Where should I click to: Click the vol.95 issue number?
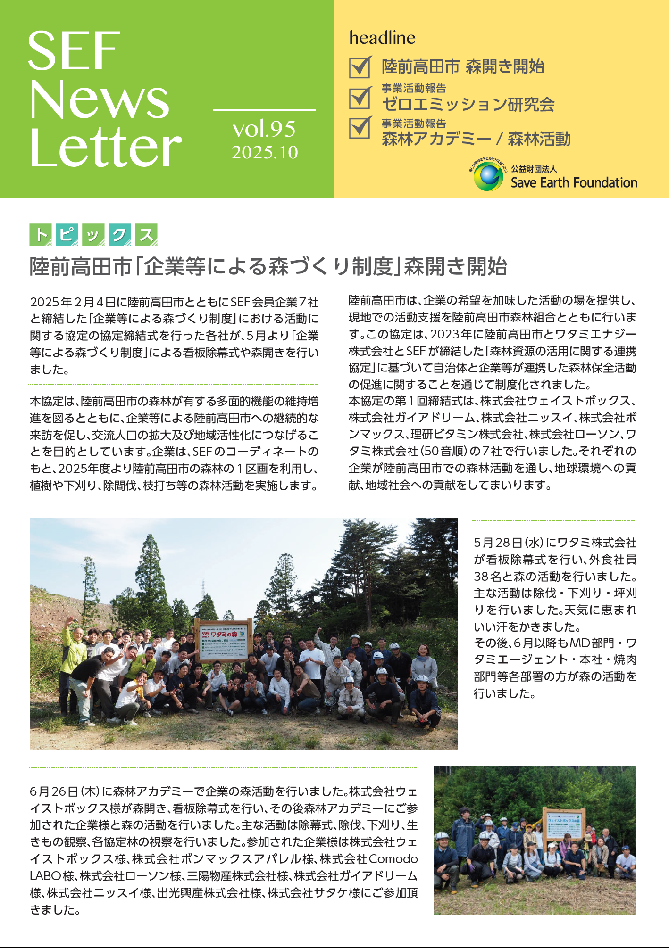(x=264, y=129)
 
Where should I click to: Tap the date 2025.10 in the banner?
(x=265, y=152)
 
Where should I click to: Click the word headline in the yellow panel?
(x=382, y=38)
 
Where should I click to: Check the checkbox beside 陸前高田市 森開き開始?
(x=360, y=67)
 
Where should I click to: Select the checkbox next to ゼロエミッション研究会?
(x=360, y=99)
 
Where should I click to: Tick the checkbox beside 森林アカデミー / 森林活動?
(x=360, y=128)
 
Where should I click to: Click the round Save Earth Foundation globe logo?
(x=488, y=176)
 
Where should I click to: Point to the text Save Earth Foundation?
(x=574, y=182)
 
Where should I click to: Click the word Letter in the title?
(x=105, y=148)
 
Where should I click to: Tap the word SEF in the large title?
(x=74, y=51)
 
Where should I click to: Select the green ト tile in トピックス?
(x=41, y=235)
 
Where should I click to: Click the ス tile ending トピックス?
(x=146, y=235)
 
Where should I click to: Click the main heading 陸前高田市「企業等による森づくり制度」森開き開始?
(x=268, y=267)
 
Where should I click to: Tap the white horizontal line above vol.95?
(x=264, y=110)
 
